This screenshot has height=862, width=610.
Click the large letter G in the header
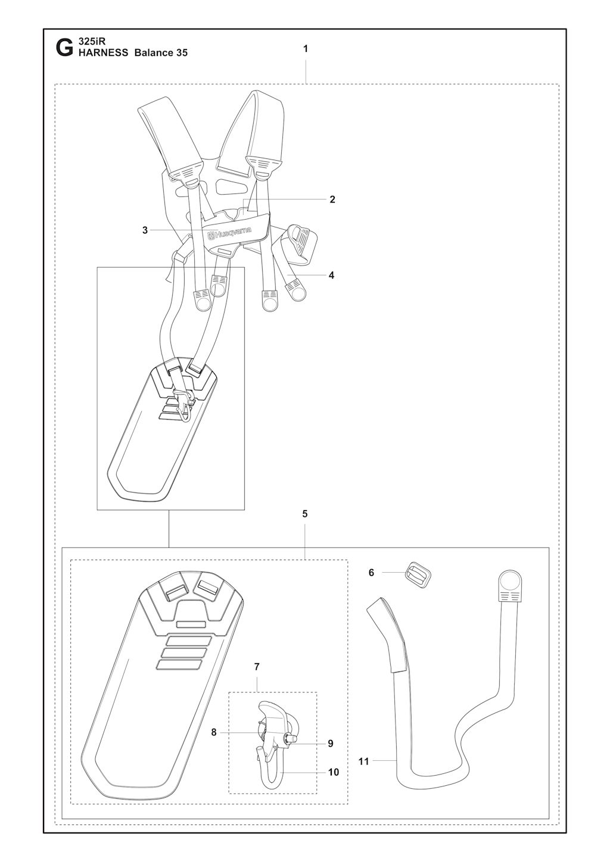click(64, 49)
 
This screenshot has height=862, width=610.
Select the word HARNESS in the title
click(103, 53)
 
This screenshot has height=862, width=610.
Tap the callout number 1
click(306, 49)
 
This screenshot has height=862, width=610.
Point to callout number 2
click(332, 199)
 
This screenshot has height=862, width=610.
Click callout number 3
click(145, 230)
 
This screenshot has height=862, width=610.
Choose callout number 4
click(331, 275)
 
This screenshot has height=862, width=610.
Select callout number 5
click(305, 514)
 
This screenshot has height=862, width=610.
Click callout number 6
click(371, 583)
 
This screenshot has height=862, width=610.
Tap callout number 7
click(257, 666)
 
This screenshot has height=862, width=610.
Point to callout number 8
click(214, 732)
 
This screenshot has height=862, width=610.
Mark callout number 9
click(331, 744)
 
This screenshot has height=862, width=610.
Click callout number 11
click(363, 761)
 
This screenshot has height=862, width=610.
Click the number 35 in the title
click(182, 53)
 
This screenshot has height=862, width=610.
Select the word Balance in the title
click(153, 53)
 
